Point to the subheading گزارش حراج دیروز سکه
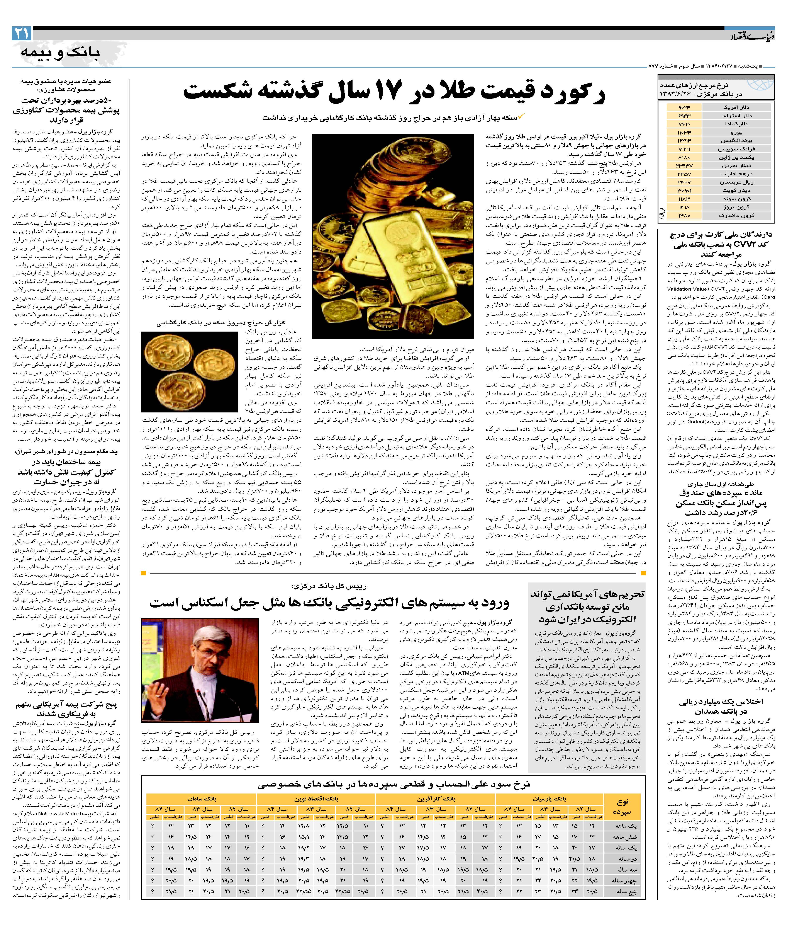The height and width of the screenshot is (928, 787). (x=221, y=323)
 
